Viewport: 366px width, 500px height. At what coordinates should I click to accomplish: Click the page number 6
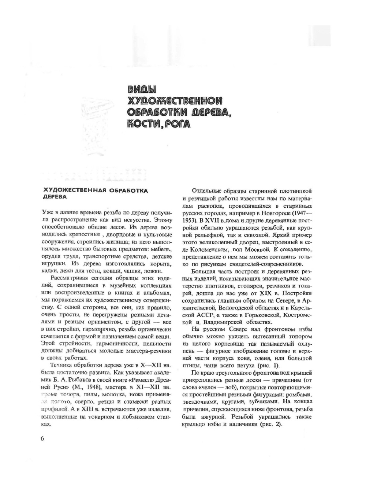(42, 438)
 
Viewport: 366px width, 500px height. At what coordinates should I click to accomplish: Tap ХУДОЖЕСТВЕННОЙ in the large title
(175, 101)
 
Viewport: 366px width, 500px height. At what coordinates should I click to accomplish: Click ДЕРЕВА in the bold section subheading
(55, 197)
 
